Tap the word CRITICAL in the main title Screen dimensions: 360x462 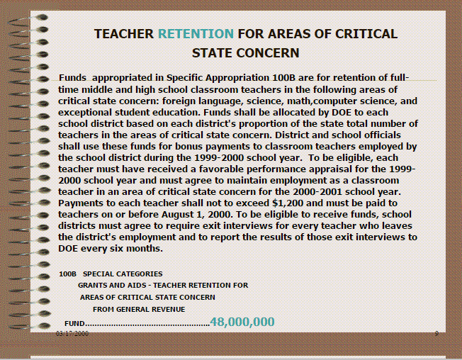pos(363,33)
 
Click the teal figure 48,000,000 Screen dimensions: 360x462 pos(242,322)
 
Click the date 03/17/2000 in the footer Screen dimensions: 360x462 pos(73,332)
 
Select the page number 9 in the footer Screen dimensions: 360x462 pos(436,332)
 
